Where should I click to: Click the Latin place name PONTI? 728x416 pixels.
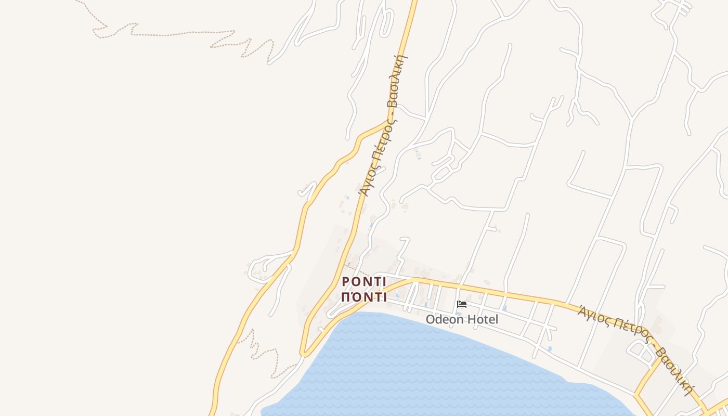pos(364,281)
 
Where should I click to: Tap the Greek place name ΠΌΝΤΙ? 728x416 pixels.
pos(364,297)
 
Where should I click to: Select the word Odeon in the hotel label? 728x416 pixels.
pos(443,319)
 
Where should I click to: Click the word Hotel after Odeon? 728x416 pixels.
pos(482,319)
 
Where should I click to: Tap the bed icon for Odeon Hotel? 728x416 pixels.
pos(461,304)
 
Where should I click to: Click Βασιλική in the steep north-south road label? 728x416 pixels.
pos(398,81)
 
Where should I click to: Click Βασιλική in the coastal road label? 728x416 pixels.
pos(675,370)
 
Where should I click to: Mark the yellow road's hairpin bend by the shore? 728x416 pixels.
pos(303,354)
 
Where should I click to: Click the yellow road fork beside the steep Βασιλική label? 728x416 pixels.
pos(389,121)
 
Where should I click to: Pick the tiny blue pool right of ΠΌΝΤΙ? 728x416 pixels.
pos(397,296)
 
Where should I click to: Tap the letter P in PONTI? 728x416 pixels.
pos(346,281)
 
